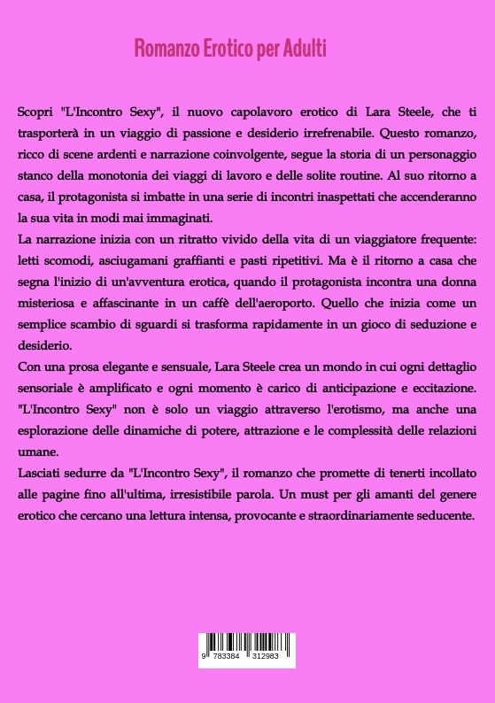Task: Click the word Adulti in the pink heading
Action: click(x=306, y=49)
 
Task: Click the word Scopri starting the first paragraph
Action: click(x=36, y=117)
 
